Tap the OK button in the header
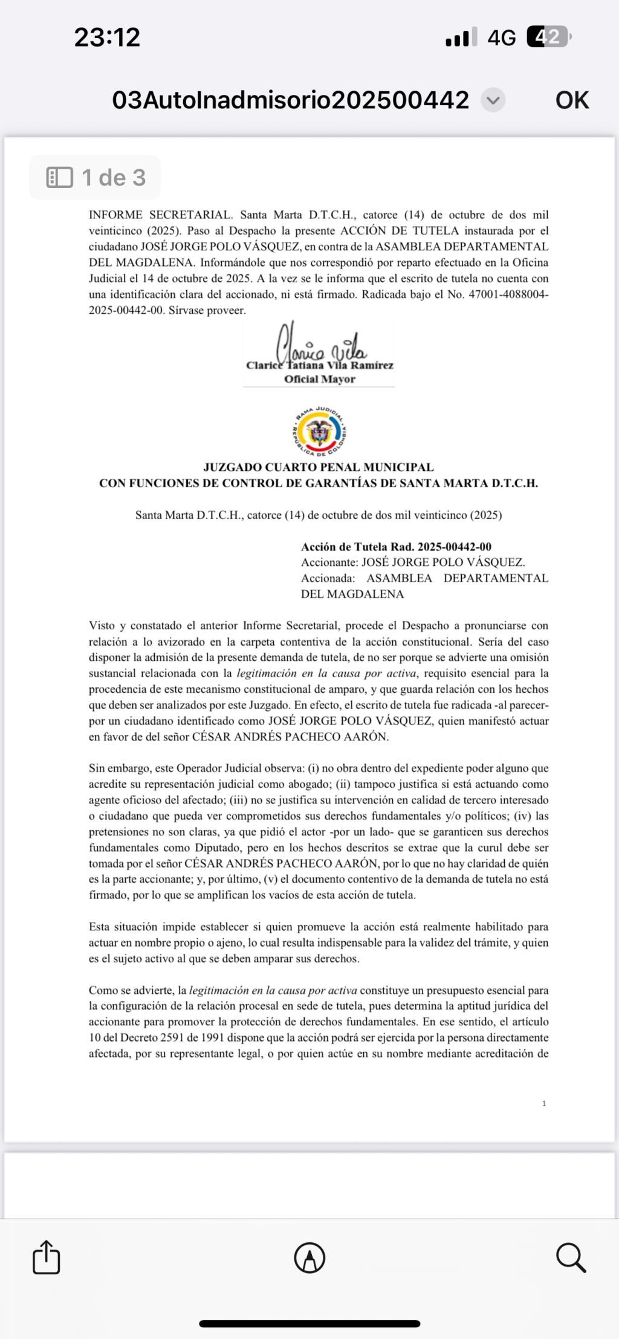(x=571, y=100)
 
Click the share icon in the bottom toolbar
(x=47, y=1257)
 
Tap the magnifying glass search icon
(x=571, y=1257)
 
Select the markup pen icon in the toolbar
(x=309, y=1258)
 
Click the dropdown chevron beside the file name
(x=493, y=100)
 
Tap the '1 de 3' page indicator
(x=96, y=178)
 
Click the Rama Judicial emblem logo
(x=319, y=431)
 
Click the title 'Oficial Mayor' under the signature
(x=319, y=379)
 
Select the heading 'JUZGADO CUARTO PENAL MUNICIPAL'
(x=319, y=467)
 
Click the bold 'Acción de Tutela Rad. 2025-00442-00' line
(x=396, y=546)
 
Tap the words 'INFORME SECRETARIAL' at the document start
(x=160, y=215)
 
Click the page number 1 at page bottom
(x=544, y=1103)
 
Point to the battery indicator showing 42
(x=548, y=37)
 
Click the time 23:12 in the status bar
(x=107, y=37)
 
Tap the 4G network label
(x=501, y=38)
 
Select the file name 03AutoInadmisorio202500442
(x=290, y=100)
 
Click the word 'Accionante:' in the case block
(x=329, y=562)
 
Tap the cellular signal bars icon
(x=461, y=38)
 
